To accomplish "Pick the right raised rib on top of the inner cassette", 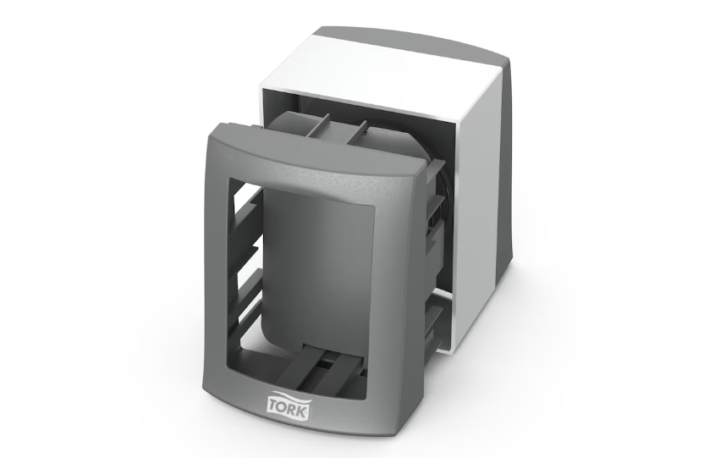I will click(x=358, y=130).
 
